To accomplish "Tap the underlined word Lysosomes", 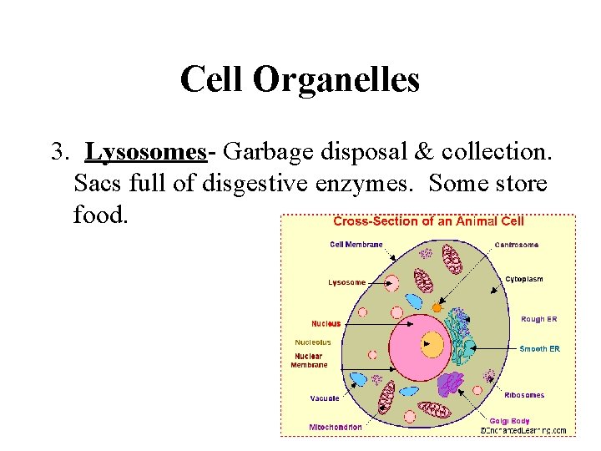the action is tap(147, 153).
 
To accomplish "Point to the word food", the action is tap(101, 215).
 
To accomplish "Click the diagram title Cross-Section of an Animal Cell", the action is tap(428, 221).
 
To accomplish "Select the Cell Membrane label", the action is tap(356, 245).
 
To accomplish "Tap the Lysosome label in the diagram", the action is tap(346, 282).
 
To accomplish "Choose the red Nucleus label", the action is tap(326, 323).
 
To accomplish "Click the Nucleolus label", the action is tap(313, 342).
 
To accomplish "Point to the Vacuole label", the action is tap(325, 398).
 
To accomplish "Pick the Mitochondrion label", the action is tap(335, 428).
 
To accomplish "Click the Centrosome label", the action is tap(516, 245).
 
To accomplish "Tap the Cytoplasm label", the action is tap(524, 279).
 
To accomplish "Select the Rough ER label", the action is tap(539, 319).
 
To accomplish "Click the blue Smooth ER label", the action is tap(539, 348).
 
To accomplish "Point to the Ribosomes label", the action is tap(524, 395).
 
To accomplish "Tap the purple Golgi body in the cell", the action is tap(451, 383).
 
